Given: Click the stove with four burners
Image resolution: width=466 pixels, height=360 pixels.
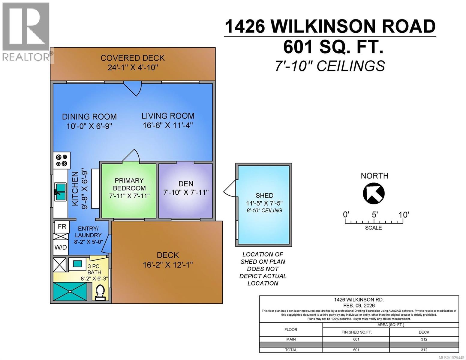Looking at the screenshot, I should pos(62,160).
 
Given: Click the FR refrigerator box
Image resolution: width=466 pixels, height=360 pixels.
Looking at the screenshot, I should pos(62,227).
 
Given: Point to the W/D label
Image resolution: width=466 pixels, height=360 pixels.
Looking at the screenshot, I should pos(61,248).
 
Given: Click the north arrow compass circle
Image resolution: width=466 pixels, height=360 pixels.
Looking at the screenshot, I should pos(374,193).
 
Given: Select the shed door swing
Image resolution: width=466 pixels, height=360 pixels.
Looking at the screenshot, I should pos(230,190).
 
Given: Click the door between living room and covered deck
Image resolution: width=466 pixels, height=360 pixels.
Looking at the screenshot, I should pos(133,88).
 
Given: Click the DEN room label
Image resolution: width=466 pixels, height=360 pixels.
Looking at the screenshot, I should pos(186,184).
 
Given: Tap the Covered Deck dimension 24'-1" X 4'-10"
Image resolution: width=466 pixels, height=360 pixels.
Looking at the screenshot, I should pos(133,67).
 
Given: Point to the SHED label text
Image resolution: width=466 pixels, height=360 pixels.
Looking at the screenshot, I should pos(264,195).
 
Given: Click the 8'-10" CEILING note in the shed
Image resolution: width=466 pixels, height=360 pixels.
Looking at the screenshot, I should pos(264,210).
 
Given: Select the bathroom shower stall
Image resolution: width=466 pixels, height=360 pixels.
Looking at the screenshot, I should pos(70,291).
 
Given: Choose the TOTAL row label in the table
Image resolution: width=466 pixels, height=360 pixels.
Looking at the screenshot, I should pos(290,349).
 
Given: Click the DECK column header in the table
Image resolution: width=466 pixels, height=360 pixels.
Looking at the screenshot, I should pos(424,332).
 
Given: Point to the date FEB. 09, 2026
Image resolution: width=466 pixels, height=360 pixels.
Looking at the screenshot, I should pos(359,305).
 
